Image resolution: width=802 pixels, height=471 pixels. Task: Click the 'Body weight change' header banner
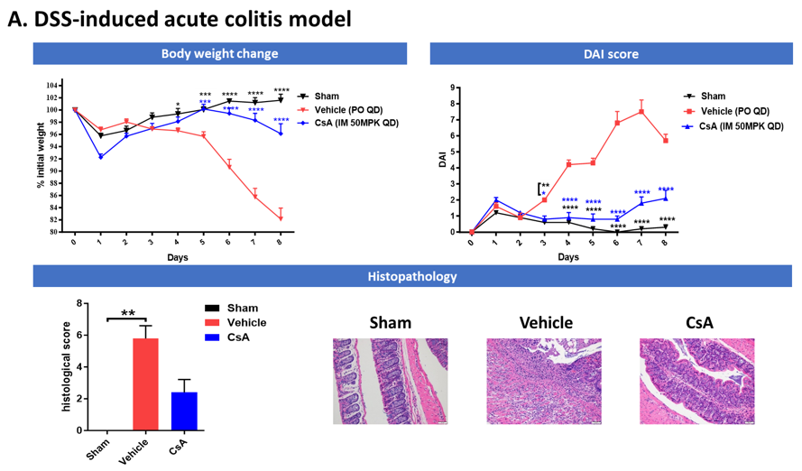[219, 53]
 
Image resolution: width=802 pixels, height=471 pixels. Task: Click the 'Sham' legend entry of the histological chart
[243, 308]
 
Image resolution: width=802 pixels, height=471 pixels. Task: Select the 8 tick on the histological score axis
[80, 303]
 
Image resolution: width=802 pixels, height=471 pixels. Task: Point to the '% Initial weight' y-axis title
[41, 159]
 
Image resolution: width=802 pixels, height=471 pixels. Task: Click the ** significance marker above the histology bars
[128, 313]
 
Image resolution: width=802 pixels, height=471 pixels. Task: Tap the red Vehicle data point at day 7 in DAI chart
[641, 111]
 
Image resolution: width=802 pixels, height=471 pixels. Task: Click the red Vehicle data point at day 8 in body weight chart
[281, 218]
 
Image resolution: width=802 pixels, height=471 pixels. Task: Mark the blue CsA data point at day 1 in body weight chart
[100, 156]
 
